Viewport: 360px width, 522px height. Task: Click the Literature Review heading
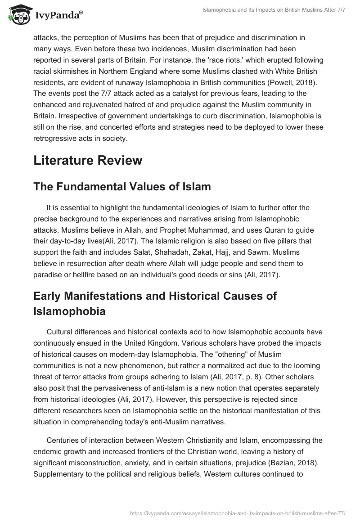[x=88, y=160]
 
